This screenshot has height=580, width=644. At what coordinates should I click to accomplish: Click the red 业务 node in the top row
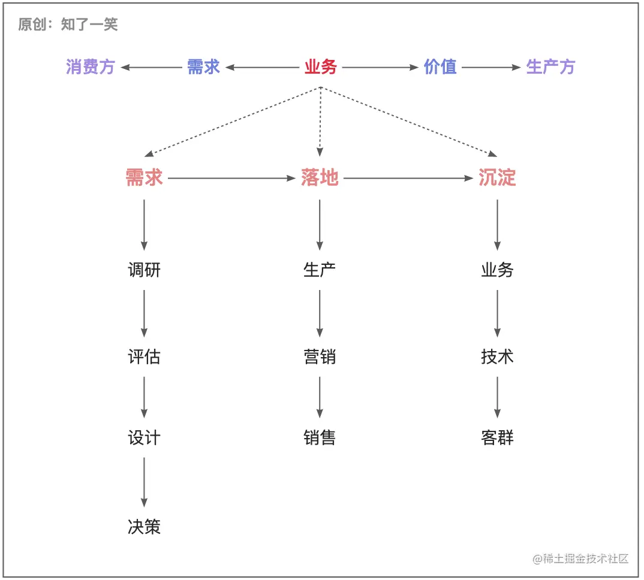pyautogui.click(x=321, y=67)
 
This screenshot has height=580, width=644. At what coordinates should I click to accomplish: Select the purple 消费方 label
pyautogui.click(x=90, y=67)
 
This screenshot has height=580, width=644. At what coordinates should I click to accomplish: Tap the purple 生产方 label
pyautogui.click(x=550, y=67)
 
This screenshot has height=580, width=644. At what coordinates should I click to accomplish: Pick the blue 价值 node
pyautogui.click(x=440, y=67)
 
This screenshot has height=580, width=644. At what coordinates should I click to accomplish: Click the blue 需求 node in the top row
pyautogui.click(x=203, y=67)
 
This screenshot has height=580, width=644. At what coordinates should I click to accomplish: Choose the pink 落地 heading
pyautogui.click(x=320, y=178)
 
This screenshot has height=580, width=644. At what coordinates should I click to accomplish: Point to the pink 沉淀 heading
pyautogui.click(x=497, y=178)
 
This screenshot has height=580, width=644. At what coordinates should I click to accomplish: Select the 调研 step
pyautogui.click(x=144, y=270)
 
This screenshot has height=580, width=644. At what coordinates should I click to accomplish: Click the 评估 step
pyautogui.click(x=144, y=357)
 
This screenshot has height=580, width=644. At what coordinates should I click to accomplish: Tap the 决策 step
pyautogui.click(x=144, y=527)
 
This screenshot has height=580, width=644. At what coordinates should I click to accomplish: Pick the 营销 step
pyautogui.click(x=320, y=357)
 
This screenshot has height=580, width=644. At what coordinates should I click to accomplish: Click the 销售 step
pyautogui.click(x=320, y=438)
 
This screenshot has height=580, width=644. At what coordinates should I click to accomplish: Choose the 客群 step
pyautogui.click(x=497, y=438)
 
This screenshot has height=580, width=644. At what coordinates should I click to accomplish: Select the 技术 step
pyautogui.click(x=497, y=357)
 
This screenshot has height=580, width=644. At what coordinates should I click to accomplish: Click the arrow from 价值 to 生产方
pyautogui.click(x=491, y=68)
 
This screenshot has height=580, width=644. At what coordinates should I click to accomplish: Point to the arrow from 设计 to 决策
pyautogui.click(x=144, y=482)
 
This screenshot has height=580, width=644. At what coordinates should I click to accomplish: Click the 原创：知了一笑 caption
pyautogui.click(x=68, y=25)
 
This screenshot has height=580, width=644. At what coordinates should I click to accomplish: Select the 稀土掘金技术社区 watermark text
pyautogui.click(x=580, y=558)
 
